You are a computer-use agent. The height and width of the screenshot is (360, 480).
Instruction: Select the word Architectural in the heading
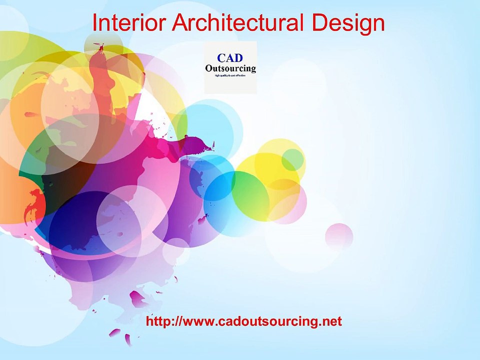click(236, 23)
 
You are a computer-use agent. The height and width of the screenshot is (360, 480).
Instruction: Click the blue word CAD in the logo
click(230, 58)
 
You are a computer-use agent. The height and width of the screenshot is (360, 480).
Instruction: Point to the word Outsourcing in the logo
click(230, 68)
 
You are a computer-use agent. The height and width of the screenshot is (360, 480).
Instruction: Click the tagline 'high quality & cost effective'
click(230, 75)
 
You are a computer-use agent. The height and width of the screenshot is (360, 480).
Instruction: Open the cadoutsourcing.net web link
click(244, 321)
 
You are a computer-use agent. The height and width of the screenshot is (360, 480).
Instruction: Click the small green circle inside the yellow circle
click(292, 159)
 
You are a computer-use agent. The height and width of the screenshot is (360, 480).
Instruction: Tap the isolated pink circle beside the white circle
click(339, 236)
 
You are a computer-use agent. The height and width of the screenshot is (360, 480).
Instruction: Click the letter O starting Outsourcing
click(209, 68)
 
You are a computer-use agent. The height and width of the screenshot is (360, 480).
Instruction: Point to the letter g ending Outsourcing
click(253, 69)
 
